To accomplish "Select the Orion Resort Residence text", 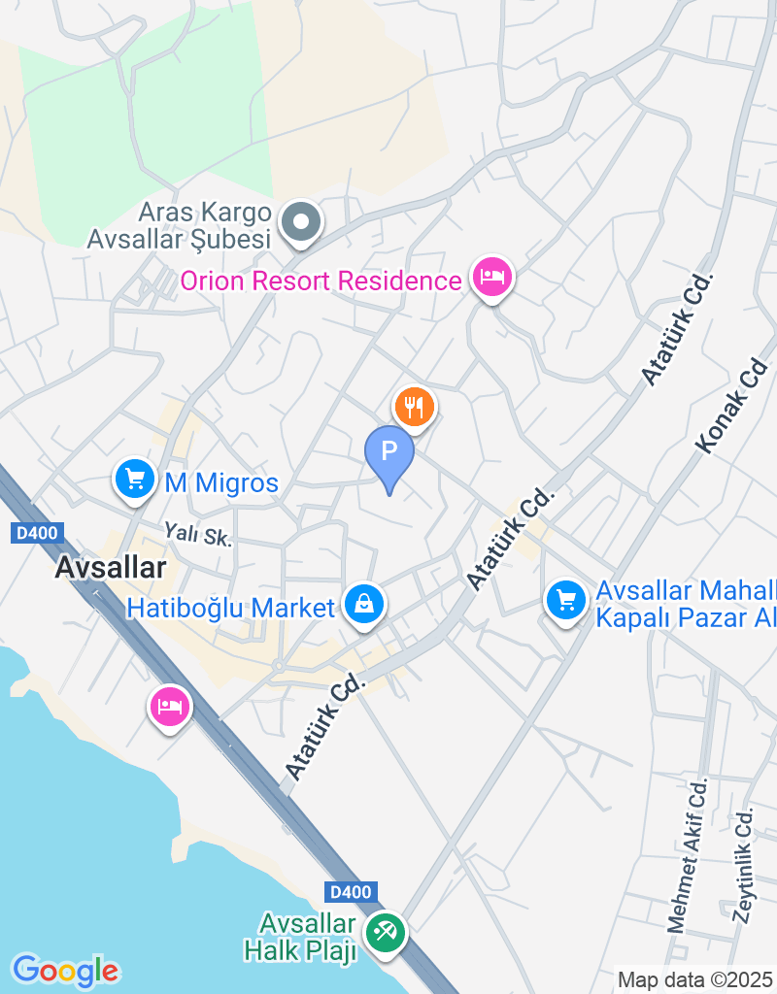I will point(321,282).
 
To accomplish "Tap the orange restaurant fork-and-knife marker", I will point(415,406).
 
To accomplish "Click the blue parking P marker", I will point(389,452).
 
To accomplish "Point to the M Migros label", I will point(221,482).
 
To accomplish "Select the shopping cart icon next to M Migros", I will point(135,478).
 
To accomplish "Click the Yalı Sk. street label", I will point(199,533).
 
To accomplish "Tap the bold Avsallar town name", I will point(111,568).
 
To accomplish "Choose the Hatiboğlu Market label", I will point(231,609).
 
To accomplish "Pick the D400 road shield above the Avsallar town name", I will point(38,532).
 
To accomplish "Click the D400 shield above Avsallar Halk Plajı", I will point(350,891).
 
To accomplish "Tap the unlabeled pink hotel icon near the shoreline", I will point(170,707).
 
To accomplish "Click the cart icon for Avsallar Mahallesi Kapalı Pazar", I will point(565,599).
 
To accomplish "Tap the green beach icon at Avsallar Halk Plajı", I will point(386,934).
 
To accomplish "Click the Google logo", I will point(65,969).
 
